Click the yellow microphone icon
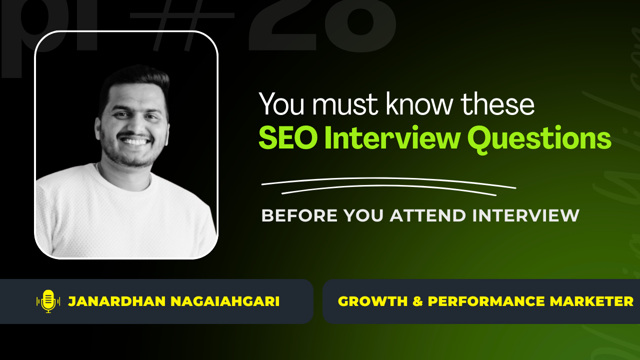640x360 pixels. coord(48,301)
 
